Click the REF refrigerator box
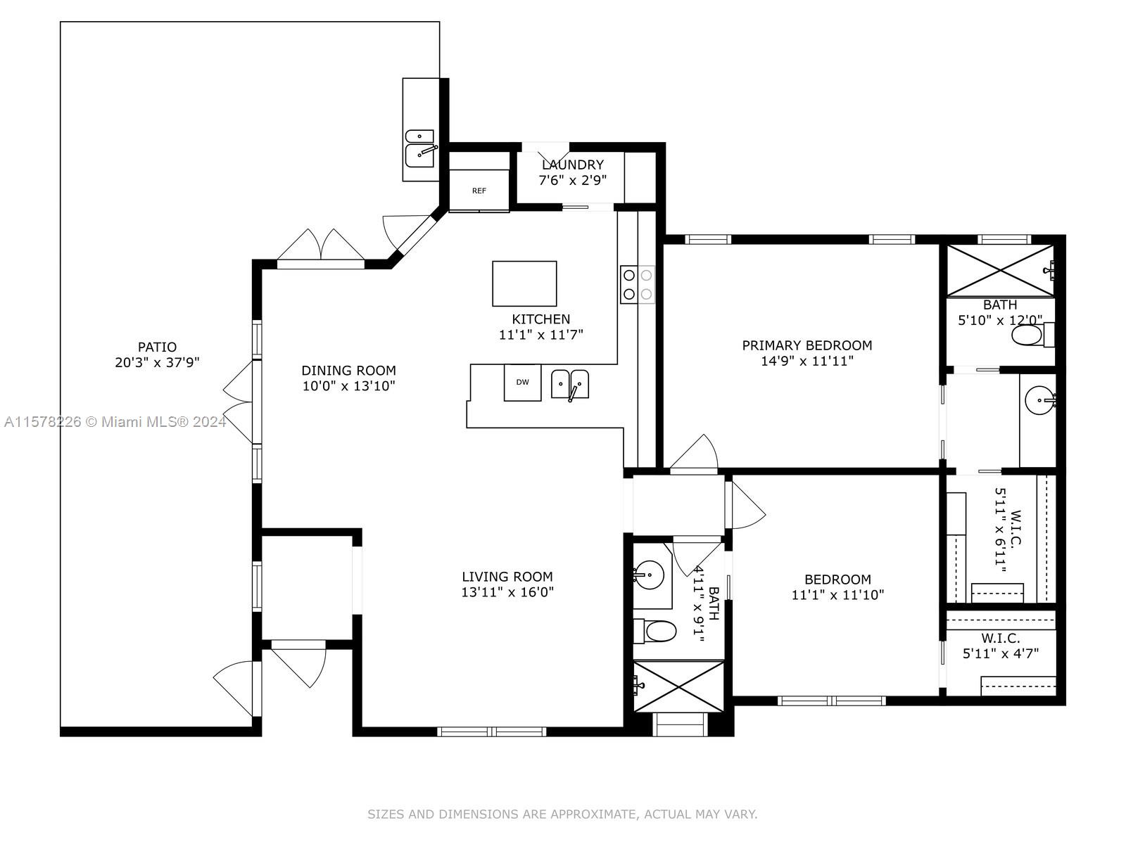(479, 190)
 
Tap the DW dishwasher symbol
(522, 383)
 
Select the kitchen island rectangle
(524, 283)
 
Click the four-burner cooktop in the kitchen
(637, 284)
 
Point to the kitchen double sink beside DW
(569, 384)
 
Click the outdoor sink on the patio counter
(419, 148)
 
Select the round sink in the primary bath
(1039, 402)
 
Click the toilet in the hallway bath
(655, 631)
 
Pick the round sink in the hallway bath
(649, 576)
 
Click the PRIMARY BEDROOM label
(806, 345)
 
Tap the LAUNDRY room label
(572, 165)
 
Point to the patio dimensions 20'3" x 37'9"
(157, 363)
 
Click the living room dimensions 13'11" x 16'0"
(507, 592)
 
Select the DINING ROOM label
(348, 371)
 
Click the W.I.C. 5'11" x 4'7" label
(1000, 646)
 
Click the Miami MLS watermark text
(115, 422)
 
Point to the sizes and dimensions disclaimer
(562, 814)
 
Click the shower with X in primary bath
(999, 270)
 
